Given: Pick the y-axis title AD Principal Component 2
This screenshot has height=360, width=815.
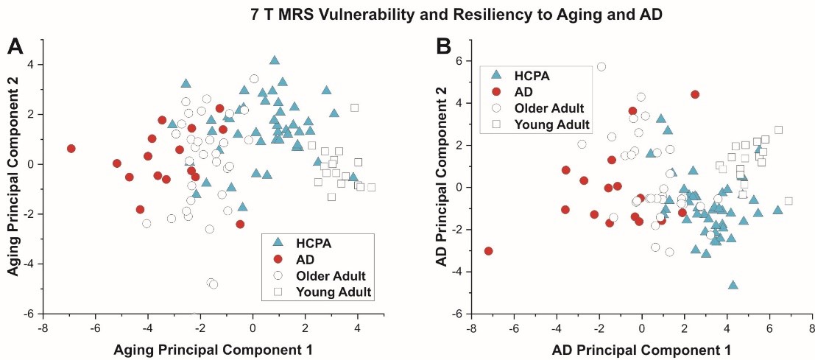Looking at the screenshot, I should point(443,187).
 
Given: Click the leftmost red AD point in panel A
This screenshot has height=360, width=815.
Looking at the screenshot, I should point(71,149).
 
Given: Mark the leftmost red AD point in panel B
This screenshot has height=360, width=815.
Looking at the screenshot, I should point(488,251).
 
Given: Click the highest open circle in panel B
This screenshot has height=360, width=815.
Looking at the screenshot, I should point(601,66).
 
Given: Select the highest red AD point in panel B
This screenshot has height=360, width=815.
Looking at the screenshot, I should point(695,94).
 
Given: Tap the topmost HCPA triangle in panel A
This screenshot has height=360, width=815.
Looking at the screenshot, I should point(275,60).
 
